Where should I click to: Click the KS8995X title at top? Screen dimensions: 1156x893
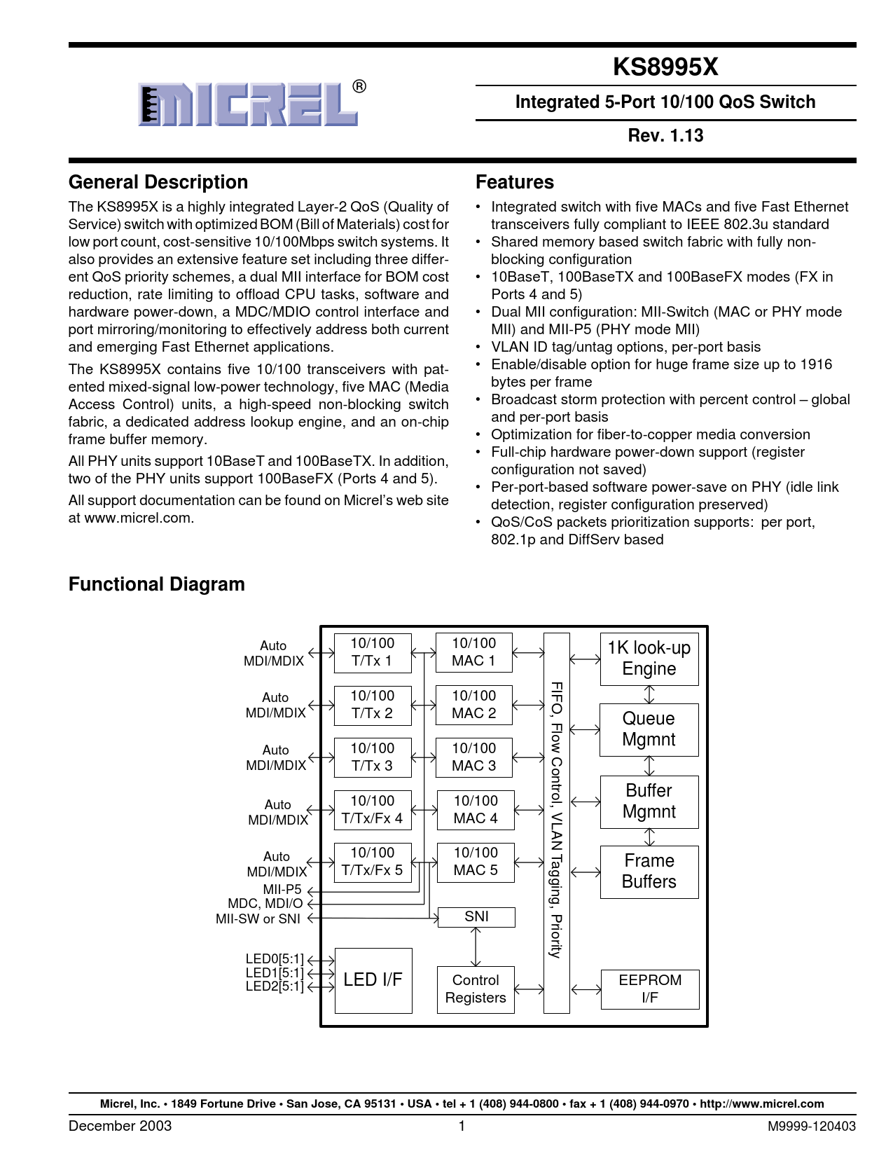[x=665, y=67]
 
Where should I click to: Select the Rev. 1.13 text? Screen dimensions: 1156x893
[x=665, y=135]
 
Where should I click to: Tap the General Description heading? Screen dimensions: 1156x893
[x=158, y=182]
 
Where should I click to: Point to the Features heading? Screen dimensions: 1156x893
[x=515, y=182]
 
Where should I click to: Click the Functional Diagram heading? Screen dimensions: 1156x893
[x=157, y=584]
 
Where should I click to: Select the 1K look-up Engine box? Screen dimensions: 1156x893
[x=649, y=659]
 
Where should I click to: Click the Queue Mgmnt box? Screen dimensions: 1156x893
[x=649, y=729]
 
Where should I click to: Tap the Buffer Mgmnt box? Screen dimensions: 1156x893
[x=649, y=801]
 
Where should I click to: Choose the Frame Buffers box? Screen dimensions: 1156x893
[x=649, y=872]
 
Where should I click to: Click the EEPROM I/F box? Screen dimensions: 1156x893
[x=650, y=989]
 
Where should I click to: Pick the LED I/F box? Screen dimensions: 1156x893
[x=373, y=980]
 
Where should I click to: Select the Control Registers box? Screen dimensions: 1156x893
[x=476, y=989]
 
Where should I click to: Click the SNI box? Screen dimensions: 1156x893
[x=476, y=916]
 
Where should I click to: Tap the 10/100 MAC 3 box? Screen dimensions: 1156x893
[x=474, y=757]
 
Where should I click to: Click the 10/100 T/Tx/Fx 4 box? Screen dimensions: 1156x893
[x=373, y=810]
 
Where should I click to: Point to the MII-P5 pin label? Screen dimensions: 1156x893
[x=282, y=889]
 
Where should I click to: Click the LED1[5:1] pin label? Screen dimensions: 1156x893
[x=275, y=973]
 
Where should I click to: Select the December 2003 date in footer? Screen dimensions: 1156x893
[x=120, y=1126]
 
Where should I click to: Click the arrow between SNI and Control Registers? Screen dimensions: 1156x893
[x=476, y=947]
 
